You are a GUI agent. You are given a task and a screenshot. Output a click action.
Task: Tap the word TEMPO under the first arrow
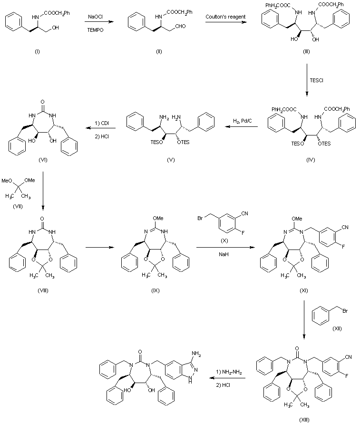(94, 29)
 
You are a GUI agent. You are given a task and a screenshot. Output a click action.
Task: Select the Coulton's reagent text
(225, 17)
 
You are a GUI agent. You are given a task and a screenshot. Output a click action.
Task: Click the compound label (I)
(37, 51)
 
